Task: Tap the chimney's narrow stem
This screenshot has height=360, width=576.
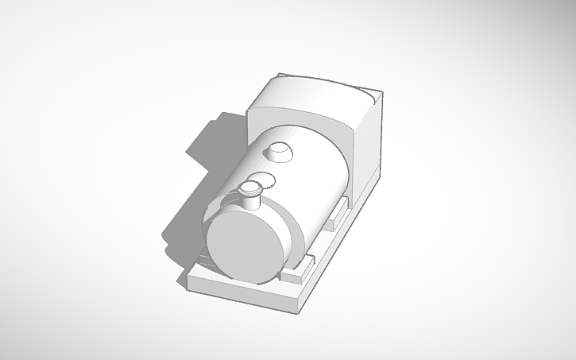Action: click(252, 201)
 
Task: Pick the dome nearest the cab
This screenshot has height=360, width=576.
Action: click(280, 149)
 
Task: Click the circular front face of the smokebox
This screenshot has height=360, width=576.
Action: click(245, 246)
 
